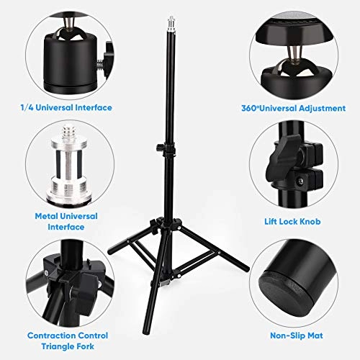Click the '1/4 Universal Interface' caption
point(66,107)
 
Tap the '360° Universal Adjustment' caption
point(293,108)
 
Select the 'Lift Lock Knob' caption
point(292,221)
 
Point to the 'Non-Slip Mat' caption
point(297,336)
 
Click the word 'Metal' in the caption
point(45,216)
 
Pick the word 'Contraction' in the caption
point(51,336)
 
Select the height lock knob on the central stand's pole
point(159,148)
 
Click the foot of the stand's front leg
point(145,331)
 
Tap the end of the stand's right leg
point(246,268)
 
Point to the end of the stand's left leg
point(111,252)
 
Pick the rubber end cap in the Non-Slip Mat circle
point(285,292)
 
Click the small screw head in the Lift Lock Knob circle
point(300,181)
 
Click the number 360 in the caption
point(248,108)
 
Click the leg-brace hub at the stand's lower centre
point(166,279)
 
